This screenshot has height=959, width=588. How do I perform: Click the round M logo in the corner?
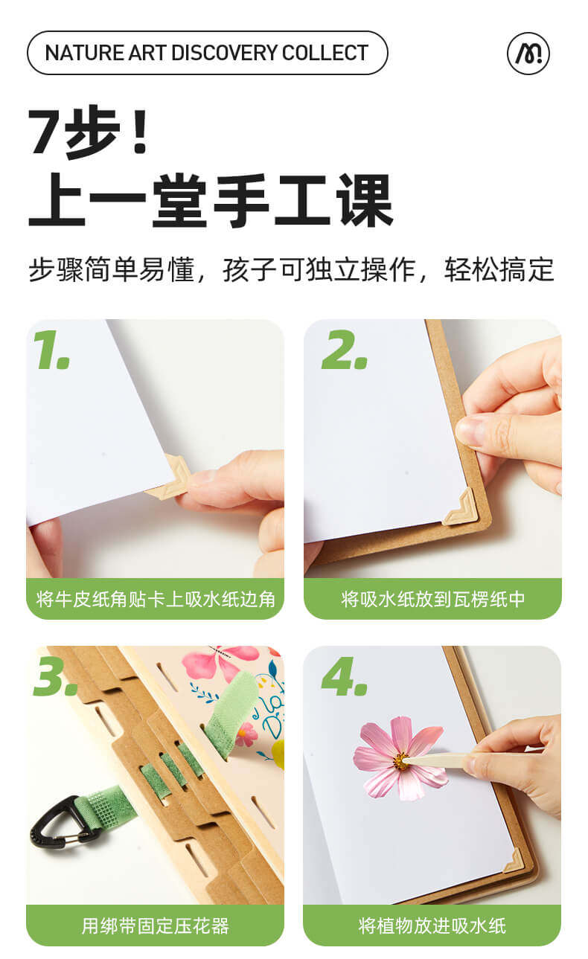point(528,54)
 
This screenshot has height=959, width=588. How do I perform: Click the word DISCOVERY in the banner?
point(225,53)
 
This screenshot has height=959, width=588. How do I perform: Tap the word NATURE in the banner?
point(84,53)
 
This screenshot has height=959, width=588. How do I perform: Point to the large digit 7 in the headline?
point(45,131)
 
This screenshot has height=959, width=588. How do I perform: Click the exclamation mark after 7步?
point(140,131)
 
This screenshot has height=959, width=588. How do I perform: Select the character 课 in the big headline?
point(365,200)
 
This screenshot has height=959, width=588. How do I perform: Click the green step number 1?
point(51,350)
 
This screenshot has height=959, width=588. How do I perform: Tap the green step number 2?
point(345,350)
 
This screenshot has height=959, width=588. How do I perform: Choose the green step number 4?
point(345,676)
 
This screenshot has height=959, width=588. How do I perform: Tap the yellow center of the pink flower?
point(401,761)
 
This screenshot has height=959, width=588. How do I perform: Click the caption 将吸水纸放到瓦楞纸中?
point(432,599)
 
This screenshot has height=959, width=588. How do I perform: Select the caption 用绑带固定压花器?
point(155,926)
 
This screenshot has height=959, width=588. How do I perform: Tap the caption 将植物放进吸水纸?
point(432,926)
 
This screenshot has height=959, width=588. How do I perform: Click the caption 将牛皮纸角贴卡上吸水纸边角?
point(155,599)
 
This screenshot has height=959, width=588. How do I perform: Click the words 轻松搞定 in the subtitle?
point(499,270)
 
